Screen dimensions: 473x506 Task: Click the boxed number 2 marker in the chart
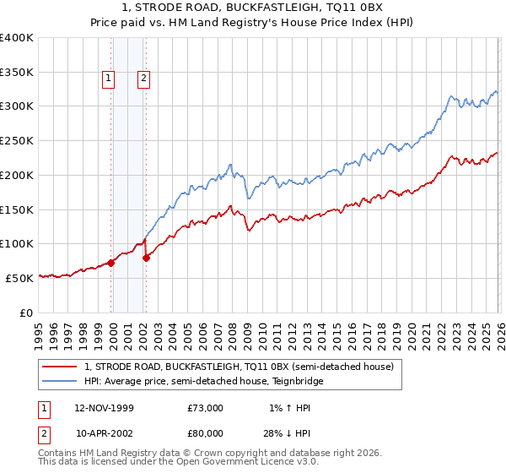coord(144,79)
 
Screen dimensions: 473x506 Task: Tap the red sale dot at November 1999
coord(111,263)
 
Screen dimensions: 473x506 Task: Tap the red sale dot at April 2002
coord(146,258)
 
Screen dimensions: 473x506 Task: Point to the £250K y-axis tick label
coord(16,141)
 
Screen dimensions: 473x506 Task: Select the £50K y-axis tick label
coord(19,278)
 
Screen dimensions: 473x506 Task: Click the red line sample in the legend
coord(61,367)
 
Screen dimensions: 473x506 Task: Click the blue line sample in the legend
coord(61,382)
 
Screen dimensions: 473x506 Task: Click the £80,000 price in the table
coord(206,433)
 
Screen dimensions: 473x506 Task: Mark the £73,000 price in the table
coord(206,408)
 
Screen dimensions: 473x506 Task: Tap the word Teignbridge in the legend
coord(295,382)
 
